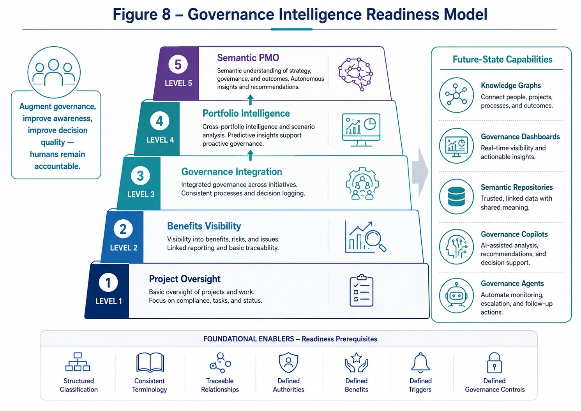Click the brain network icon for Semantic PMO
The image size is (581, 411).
[x=356, y=74]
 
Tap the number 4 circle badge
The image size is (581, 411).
[x=159, y=121]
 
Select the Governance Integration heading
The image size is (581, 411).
[x=231, y=172]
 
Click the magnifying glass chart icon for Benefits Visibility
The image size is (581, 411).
[x=366, y=236]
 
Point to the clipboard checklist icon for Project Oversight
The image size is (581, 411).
[x=361, y=290]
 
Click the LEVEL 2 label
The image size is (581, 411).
[x=124, y=248]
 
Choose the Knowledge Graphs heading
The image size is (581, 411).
[x=511, y=85]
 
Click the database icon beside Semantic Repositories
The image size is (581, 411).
[x=456, y=196]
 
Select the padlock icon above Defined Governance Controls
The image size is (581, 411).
[x=494, y=363]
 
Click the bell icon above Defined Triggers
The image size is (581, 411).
[x=420, y=363]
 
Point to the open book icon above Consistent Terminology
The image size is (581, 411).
[x=150, y=362]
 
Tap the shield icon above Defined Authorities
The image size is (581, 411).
[x=288, y=363]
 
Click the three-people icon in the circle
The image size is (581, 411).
[x=54, y=72]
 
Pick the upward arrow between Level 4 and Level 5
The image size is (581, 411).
[x=250, y=100]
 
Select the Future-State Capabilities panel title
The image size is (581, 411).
[x=502, y=59]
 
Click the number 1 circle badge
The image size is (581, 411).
[x=108, y=282]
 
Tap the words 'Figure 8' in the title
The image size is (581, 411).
[x=141, y=14]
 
